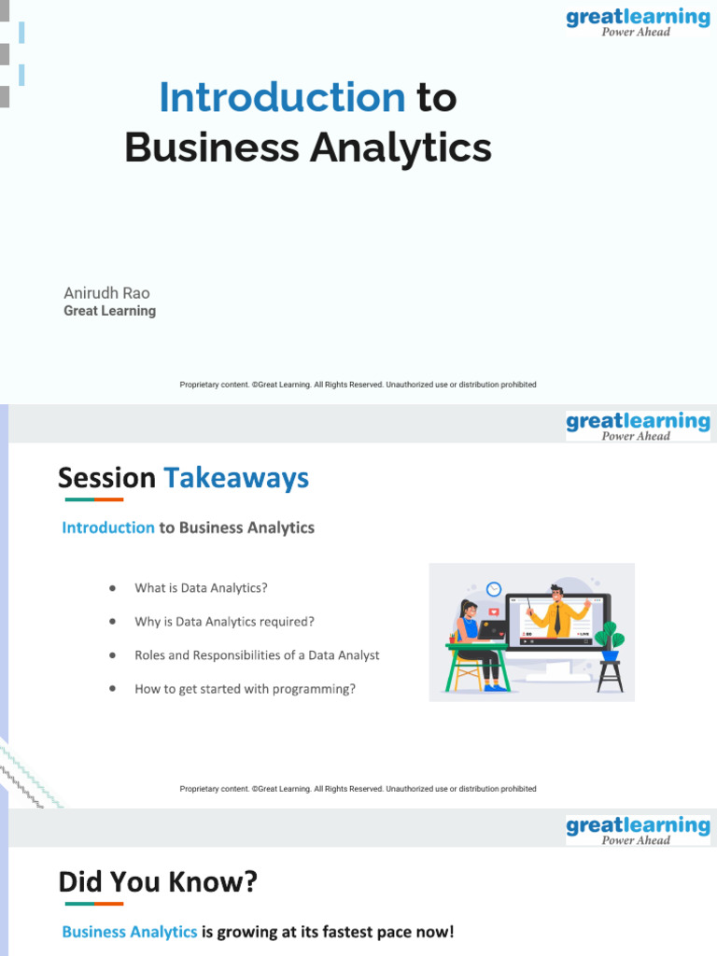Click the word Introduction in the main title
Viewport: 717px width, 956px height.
(282, 98)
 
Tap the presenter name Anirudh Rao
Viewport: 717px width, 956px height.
(106, 293)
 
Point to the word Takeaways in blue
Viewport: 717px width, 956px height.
(236, 478)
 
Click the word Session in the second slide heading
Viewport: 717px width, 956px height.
(106, 478)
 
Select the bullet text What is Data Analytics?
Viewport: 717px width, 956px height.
(201, 588)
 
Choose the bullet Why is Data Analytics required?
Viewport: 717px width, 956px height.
(224, 622)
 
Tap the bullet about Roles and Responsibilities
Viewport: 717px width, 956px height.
(257, 655)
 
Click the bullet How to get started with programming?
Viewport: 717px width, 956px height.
(245, 689)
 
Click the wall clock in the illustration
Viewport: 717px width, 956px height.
(494, 589)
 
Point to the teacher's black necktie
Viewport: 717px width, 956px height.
(556, 619)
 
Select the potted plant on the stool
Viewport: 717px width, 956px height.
(610, 640)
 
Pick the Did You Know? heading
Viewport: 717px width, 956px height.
(158, 881)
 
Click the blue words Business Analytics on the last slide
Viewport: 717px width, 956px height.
(130, 932)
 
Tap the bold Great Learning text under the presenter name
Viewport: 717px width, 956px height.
(109, 311)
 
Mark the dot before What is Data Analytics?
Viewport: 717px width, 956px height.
(112, 588)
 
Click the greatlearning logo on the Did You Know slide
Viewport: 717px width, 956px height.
(638, 829)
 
